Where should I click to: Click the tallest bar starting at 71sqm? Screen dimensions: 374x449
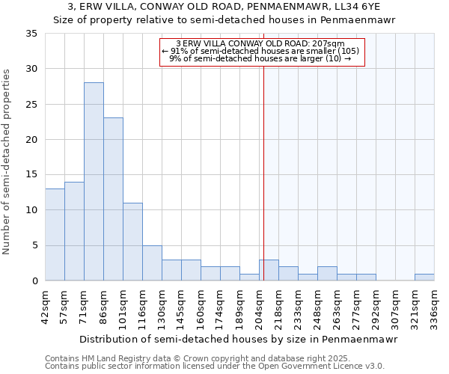[94, 182]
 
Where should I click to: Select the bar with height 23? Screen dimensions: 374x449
[113, 199]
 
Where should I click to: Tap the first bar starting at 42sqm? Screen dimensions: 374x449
[55, 234]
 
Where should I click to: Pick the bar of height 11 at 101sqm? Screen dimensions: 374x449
[132, 242]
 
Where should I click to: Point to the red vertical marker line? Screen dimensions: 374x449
[263, 172]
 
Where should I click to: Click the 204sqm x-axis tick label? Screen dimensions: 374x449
[260, 307]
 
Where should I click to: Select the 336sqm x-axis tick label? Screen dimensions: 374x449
[435, 307]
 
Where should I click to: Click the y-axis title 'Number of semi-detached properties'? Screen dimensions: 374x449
[7, 162]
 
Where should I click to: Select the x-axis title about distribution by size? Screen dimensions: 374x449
[238, 339]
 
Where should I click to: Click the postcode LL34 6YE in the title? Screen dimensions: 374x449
[353, 7]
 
